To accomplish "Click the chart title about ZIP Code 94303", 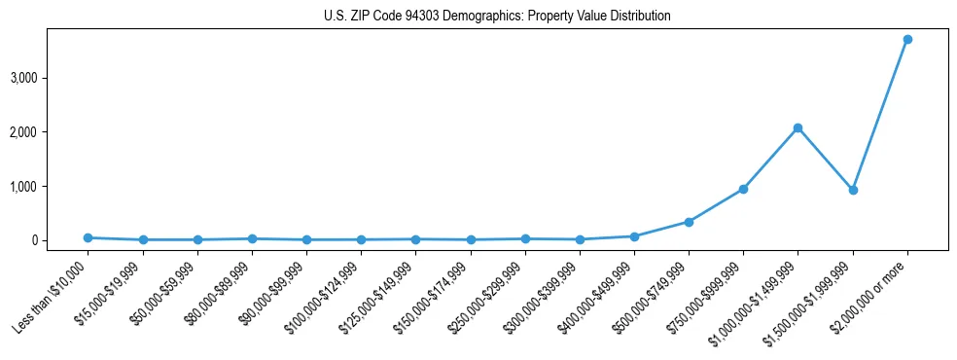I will [497, 17].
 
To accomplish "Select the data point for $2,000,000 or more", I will [906, 39].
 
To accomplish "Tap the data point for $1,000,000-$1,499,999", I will [797, 127].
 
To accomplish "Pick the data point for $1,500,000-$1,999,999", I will [852, 190].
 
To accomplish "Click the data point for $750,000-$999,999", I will [743, 189].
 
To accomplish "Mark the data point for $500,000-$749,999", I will [689, 222].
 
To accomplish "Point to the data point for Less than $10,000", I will [89, 237].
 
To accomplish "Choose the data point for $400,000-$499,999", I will [634, 236].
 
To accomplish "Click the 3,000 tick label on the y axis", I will [51, 78].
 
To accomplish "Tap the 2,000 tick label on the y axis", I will [51, 131].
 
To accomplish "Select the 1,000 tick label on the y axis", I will [51, 186].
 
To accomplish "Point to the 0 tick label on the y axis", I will [60, 240].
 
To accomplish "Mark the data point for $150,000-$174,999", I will [471, 239].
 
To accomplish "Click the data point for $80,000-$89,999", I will [252, 238].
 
